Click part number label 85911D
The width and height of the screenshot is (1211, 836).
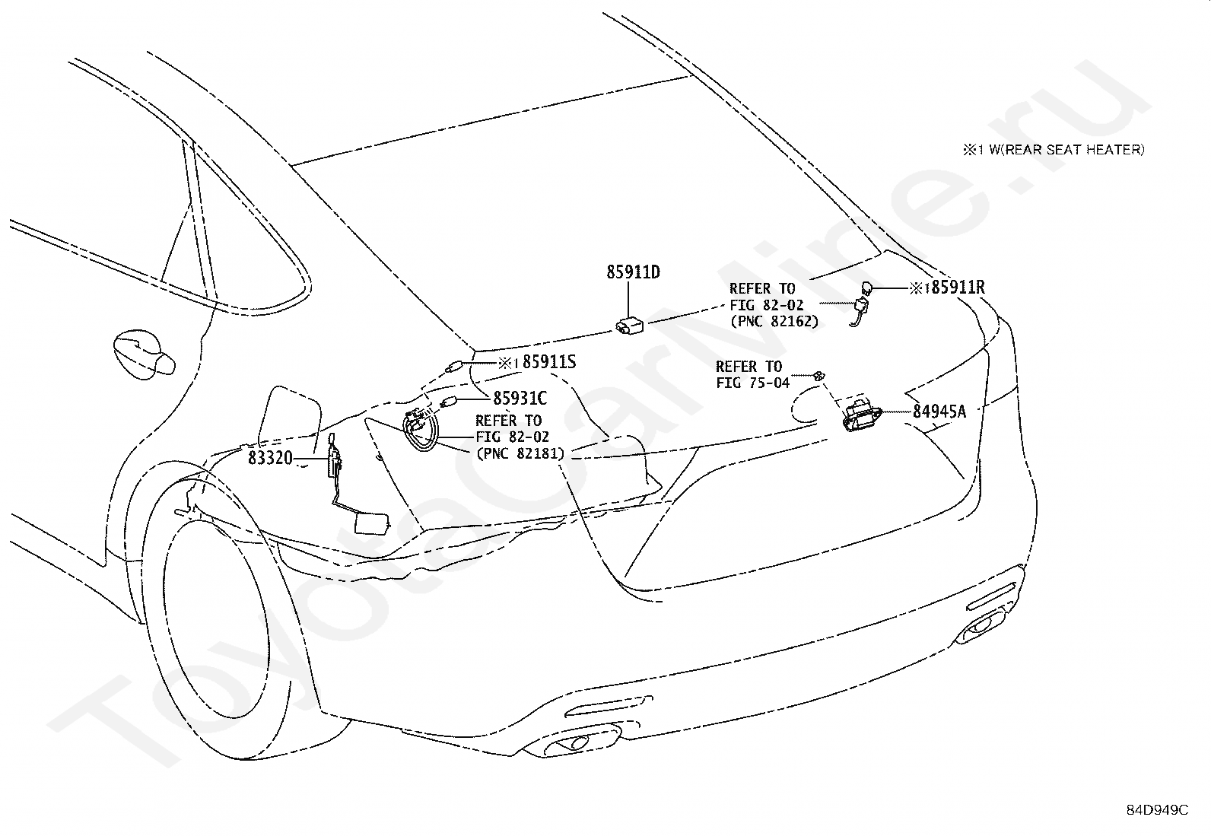pos(633,272)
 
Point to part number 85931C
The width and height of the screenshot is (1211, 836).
pos(520,398)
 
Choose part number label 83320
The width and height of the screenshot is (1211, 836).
pos(270,458)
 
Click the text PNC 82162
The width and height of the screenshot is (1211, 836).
pos(774,321)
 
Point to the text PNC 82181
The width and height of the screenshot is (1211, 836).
pos(520,453)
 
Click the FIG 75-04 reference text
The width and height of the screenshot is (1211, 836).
pos(753,383)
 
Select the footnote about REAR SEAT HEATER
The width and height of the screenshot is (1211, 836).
pos(1054,150)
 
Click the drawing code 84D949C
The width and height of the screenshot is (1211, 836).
pos(1157,810)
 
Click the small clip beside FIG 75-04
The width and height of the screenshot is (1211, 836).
pos(818,375)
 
